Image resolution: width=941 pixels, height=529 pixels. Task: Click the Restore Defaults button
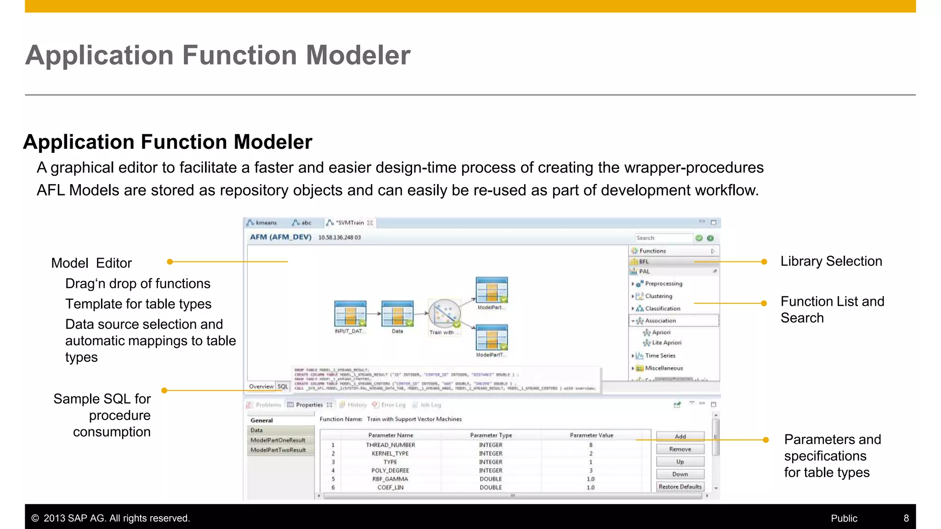coord(680,487)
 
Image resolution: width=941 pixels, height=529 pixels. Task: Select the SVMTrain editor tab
coord(350,223)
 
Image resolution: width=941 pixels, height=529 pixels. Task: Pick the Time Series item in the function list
coord(660,355)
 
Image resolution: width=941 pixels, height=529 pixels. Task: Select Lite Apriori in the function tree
coord(666,343)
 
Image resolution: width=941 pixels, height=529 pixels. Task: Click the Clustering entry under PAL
coord(658,296)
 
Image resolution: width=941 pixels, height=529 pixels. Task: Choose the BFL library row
coord(644,261)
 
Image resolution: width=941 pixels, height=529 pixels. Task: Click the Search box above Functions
coord(663,238)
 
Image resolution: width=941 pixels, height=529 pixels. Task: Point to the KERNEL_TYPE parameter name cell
coord(390,453)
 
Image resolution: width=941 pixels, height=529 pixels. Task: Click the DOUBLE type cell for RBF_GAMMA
coord(491,479)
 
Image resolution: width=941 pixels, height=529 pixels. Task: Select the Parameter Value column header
coord(591,435)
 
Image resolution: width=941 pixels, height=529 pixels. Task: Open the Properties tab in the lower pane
coord(309,405)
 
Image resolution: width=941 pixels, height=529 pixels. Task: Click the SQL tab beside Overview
coord(283,387)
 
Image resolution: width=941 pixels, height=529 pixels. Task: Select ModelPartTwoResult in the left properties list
coord(278,450)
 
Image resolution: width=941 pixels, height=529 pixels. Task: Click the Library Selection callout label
coord(831,261)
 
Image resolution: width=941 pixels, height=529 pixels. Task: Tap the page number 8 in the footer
coord(906,518)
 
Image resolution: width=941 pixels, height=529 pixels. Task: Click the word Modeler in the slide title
coord(358,55)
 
